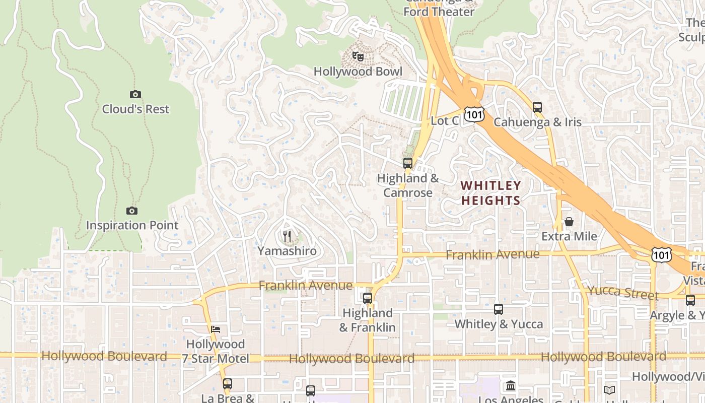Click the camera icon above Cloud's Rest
(135, 94)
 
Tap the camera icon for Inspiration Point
(132, 211)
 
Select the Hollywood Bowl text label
(358, 72)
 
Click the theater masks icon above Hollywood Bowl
(358, 56)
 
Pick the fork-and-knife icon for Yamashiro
(287, 236)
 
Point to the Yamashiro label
(287, 251)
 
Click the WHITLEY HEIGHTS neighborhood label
(490, 193)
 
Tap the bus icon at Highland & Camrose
(408, 163)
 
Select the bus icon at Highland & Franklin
(368, 298)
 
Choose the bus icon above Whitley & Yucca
(499, 309)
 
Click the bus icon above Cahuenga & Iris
(537, 107)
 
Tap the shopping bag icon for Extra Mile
(569, 222)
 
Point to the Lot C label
(445, 121)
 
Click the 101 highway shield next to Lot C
(474, 114)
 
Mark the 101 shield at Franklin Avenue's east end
(661, 255)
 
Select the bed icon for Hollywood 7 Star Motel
(216, 329)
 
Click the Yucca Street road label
(623, 292)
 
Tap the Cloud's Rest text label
(135, 109)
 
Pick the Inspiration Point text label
(132, 225)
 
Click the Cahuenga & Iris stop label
(537, 122)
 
